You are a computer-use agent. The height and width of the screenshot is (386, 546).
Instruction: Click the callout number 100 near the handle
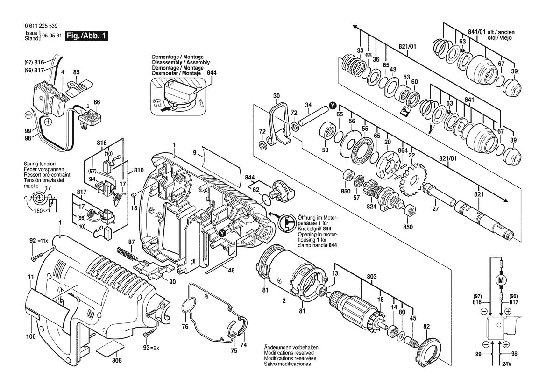pyautogui.click(x=30, y=336)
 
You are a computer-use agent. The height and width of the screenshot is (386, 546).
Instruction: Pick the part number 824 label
pyautogui.click(x=371, y=206)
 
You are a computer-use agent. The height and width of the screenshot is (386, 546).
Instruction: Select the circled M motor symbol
pyautogui.click(x=502, y=280)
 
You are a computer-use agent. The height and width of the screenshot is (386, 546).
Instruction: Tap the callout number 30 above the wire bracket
pyautogui.click(x=277, y=96)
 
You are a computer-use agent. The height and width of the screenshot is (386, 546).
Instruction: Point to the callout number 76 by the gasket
pyautogui.click(x=185, y=326)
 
